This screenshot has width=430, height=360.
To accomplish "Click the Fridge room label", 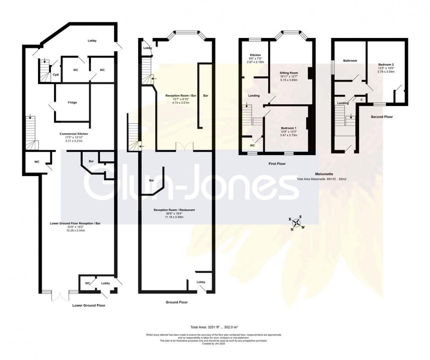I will click(x=72, y=103).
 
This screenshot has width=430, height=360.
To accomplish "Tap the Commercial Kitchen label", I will click(x=74, y=133).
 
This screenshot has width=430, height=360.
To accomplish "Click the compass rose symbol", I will click(x=297, y=224).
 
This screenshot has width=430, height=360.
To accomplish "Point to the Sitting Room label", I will click(x=289, y=73).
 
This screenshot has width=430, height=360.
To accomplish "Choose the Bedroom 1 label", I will click(x=289, y=128).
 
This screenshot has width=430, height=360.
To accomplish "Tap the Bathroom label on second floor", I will click(x=349, y=61).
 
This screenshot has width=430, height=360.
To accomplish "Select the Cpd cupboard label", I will click(x=55, y=75).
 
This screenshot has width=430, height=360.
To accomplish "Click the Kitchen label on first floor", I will click(x=255, y=55).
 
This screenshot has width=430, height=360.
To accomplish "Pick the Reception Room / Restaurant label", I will click(x=174, y=210).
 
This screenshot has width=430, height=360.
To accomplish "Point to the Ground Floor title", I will click(x=177, y=302).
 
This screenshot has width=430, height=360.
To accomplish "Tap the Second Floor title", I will click(x=382, y=116).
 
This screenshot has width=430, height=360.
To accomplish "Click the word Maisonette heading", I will click(x=325, y=174).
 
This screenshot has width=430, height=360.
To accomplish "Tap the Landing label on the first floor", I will click(x=253, y=96).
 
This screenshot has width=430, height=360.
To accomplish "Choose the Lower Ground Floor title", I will click(x=89, y=305).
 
